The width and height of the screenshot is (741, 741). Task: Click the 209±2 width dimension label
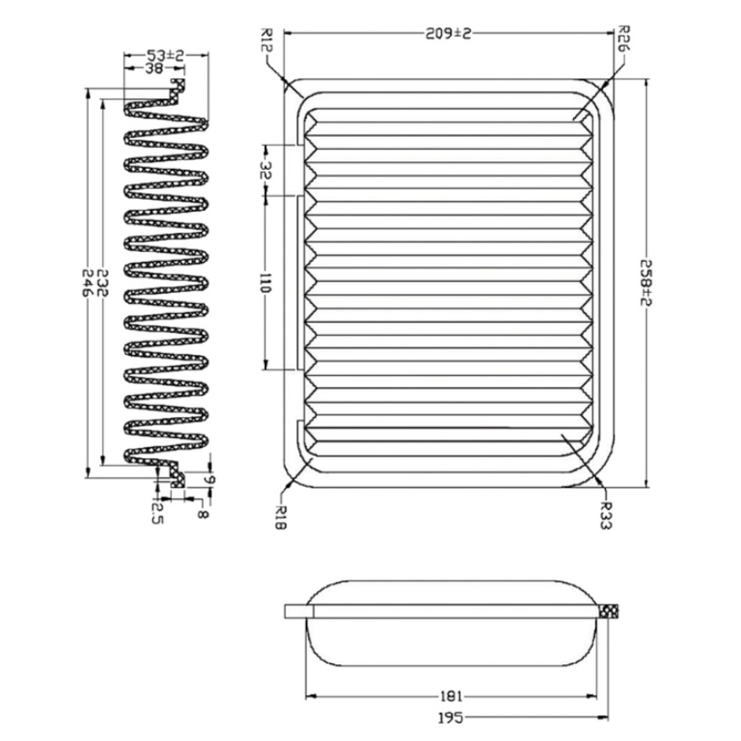(448, 33)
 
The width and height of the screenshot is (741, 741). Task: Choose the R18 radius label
(282, 516)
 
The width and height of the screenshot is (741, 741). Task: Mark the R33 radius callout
(606, 515)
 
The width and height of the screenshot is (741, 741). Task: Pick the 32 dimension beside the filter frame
(266, 170)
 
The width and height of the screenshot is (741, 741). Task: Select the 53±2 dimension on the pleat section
(165, 56)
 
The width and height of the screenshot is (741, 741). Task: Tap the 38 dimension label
(154, 69)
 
